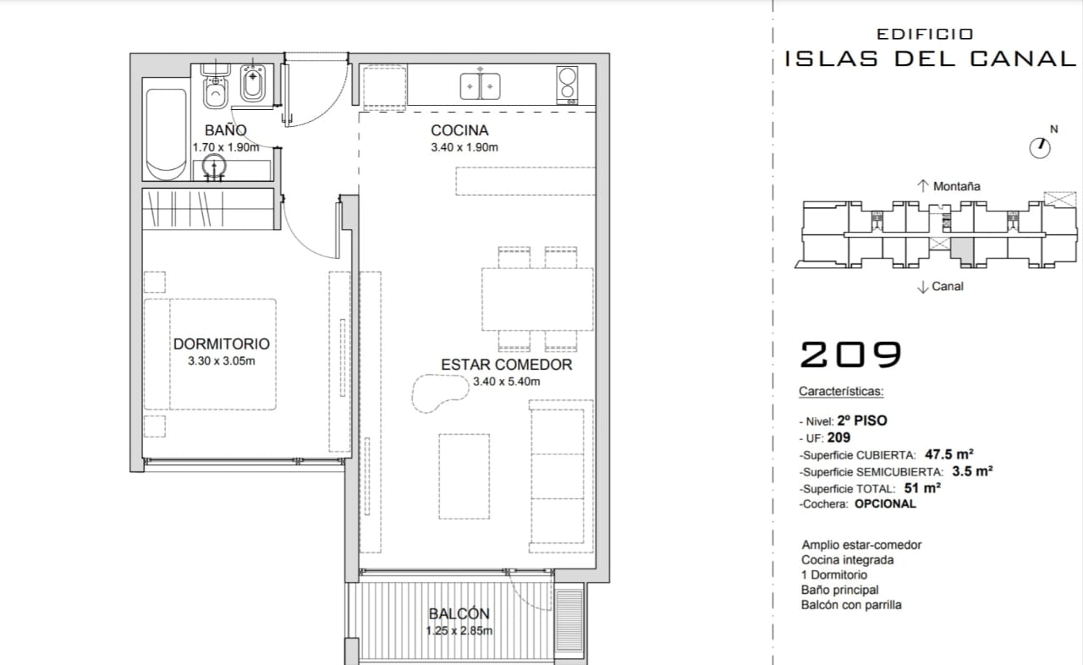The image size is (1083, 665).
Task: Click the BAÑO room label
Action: point(225,130)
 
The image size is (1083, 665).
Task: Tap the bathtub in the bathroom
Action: point(167,134)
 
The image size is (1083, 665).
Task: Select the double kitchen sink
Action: point(480,86)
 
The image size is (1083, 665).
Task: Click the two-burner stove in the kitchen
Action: point(567,85)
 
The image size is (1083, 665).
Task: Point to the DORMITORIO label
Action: point(222,343)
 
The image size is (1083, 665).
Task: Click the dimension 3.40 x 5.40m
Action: point(506,382)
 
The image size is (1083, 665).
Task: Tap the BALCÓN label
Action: point(459,613)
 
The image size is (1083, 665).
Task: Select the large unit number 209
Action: point(851,354)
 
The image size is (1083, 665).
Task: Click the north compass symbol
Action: point(1040,148)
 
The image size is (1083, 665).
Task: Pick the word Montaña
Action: point(956,186)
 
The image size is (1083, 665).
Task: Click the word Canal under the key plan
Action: point(948,286)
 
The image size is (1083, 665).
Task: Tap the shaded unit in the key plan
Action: point(962,250)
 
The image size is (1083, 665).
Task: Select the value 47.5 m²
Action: point(949,454)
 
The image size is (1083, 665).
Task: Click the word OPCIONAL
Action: point(885,503)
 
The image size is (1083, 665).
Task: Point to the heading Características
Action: point(841,391)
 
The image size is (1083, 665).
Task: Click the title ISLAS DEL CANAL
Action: point(930,58)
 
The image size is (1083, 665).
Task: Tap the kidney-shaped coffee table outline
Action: point(439,393)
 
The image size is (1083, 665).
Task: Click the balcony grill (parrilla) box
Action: point(569,619)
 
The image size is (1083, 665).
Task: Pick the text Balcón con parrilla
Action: point(851,605)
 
